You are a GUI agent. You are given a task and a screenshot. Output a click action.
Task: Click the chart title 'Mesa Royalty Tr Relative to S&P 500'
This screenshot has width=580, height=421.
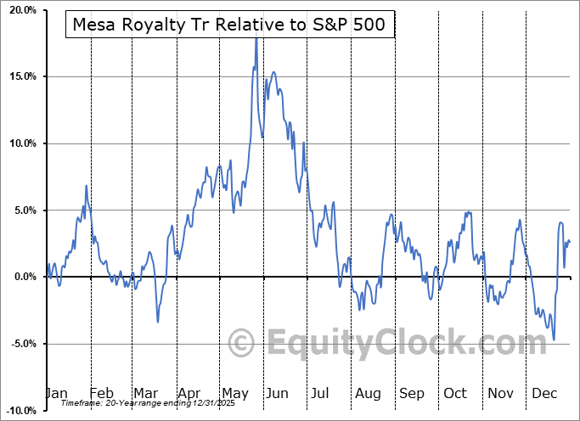[x=229, y=25]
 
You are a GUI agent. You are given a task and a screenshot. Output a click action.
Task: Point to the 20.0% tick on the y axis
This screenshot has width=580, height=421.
[x=22, y=10]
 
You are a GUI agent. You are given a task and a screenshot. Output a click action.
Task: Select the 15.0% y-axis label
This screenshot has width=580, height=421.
[x=22, y=77]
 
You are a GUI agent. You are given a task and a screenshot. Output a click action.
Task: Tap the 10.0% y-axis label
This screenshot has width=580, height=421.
[x=22, y=143]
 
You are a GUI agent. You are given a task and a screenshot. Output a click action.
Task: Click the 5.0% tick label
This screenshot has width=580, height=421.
[x=24, y=210]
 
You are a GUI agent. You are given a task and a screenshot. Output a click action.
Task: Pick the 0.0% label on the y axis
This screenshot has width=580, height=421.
[x=24, y=277]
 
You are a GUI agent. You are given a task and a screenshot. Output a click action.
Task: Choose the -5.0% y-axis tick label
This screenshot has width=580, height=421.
[x=22, y=344]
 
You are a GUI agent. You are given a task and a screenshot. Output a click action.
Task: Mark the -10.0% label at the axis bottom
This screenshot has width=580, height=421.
[x=20, y=410]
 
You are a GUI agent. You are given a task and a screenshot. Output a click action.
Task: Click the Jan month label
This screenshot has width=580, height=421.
[x=57, y=393]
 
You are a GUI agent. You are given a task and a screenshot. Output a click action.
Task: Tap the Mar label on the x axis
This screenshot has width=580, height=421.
[x=145, y=393]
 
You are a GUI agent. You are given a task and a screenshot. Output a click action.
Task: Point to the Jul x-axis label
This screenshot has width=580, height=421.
[x=321, y=393]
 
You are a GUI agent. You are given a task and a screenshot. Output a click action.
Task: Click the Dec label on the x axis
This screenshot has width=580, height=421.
[x=544, y=393]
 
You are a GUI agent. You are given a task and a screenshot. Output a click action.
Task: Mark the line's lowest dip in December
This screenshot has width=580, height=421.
[x=555, y=340]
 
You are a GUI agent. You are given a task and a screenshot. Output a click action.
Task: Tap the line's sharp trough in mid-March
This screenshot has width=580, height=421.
[x=157, y=322]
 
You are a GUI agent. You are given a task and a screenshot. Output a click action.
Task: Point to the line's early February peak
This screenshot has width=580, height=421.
[x=87, y=185]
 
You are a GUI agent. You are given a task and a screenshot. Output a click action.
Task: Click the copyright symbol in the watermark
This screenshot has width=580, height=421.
[x=242, y=344]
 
